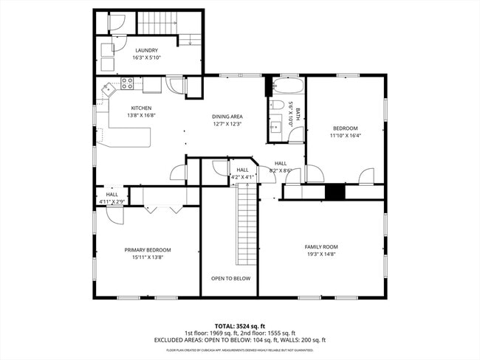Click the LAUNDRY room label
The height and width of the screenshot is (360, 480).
click(146, 50)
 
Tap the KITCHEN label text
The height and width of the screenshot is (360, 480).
click(120, 108)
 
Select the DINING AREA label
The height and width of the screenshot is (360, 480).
click(227, 117)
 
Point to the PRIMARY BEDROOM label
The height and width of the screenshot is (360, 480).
click(148, 250)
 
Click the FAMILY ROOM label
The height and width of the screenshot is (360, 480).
click(320, 246)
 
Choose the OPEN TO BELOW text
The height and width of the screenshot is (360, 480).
click(230, 278)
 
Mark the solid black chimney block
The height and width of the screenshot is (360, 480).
click(335, 192)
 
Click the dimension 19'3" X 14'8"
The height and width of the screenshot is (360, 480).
click(320, 255)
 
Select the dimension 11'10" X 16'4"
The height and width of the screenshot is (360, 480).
click(346, 136)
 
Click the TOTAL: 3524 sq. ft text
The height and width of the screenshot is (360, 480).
click(239, 325)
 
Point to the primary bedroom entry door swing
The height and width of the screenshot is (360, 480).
click(114, 214)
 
